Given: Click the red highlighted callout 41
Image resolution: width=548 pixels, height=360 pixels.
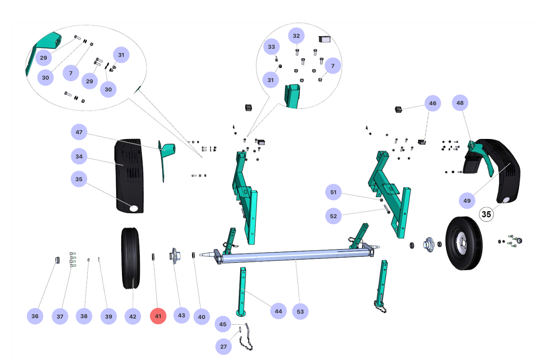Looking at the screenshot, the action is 158,316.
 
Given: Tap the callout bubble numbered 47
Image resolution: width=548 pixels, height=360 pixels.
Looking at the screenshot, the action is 79,132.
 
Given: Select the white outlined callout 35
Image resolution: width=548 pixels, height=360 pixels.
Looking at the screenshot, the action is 486,214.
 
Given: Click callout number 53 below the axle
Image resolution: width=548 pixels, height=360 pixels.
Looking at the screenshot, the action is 300,312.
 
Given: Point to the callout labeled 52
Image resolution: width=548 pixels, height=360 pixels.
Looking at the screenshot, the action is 333,216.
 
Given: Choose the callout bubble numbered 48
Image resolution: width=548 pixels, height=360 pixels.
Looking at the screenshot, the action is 460,103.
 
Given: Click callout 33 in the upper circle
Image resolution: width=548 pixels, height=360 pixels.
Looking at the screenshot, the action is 272,47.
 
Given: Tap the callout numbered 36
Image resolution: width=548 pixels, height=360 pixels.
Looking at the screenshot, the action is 35,316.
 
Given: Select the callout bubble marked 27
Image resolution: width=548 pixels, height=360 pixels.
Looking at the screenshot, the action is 223,347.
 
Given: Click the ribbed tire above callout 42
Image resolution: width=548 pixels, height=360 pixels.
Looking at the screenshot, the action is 130,258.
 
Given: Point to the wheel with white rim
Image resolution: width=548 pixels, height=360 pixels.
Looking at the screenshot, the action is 464,243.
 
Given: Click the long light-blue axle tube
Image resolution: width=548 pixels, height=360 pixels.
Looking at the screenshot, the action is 295,256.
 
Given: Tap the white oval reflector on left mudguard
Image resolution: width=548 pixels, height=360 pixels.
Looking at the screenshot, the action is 134,208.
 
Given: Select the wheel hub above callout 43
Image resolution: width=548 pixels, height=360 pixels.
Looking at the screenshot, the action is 174,256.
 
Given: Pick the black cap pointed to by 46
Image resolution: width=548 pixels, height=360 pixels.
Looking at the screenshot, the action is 398,109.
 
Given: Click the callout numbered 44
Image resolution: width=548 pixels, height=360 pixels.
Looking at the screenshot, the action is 278,311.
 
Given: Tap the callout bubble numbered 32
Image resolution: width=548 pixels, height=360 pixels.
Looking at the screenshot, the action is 296,36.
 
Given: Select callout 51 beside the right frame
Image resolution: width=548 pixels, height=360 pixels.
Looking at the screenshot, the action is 333,192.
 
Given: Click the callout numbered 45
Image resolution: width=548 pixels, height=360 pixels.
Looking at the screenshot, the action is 223,324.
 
